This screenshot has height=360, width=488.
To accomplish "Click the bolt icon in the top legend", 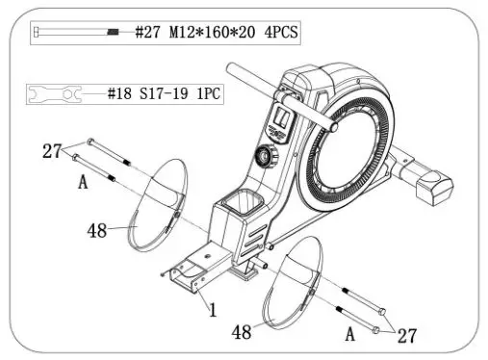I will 77,32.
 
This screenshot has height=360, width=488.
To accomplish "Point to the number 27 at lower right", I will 406,336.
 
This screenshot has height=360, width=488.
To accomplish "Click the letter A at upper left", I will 83,180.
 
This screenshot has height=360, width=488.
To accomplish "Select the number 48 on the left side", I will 97,232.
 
